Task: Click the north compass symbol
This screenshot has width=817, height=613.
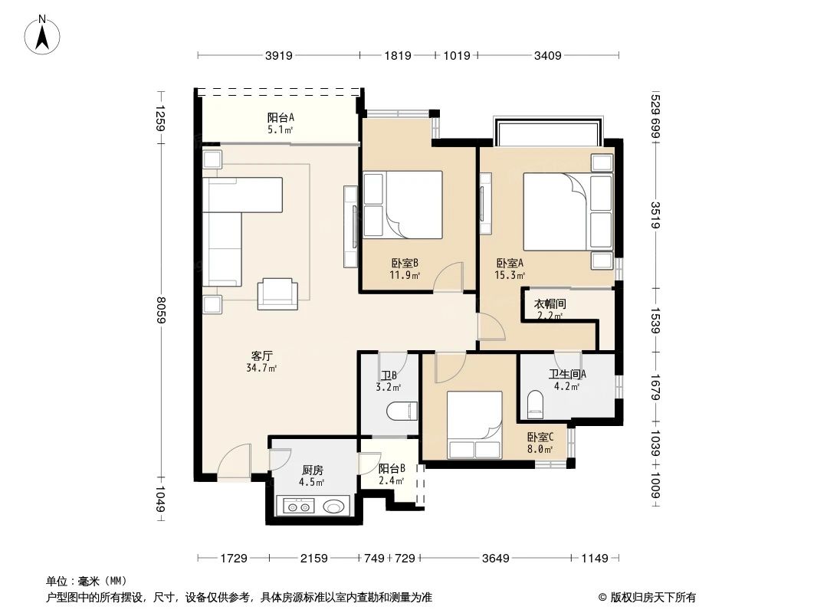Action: click(44, 34)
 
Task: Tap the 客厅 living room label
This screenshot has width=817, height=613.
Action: click(262, 356)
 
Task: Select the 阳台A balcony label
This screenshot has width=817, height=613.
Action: click(281, 118)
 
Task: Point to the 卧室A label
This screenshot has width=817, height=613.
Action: click(510, 263)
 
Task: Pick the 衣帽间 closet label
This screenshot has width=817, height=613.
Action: click(550, 303)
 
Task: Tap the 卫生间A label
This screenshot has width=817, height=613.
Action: click(567, 375)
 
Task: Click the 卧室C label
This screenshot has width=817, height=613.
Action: click(540, 437)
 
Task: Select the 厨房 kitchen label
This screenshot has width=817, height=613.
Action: click(311, 470)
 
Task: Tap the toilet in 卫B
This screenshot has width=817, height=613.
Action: click(402, 411)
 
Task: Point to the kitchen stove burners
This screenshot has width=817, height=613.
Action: click(298, 506)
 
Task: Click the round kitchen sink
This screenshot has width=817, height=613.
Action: click(333, 506)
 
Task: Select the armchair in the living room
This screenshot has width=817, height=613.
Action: click(277, 293)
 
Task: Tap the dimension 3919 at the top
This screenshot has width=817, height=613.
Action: click(280, 55)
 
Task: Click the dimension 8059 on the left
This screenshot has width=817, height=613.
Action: click(160, 310)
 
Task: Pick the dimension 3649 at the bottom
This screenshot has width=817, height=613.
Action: click(496, 558)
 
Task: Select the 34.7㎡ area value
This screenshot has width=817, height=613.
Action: click(262, 369)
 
